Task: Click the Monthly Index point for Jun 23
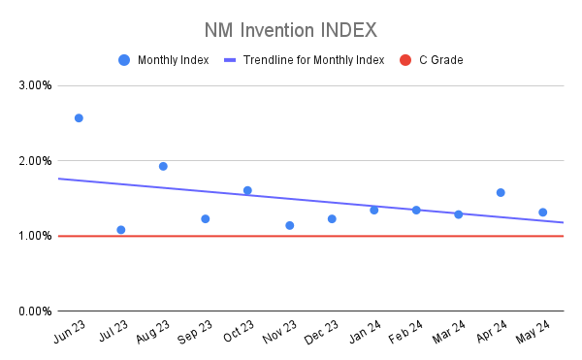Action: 79,118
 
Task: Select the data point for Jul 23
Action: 121,230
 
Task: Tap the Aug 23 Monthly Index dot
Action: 163,166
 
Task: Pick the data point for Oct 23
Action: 247,190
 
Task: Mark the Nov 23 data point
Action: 290,225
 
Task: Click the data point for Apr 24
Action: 501,192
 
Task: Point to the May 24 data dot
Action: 543,213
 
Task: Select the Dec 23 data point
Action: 332,219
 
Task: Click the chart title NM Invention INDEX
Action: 290,29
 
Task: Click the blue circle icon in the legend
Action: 123,60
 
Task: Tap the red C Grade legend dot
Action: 405,60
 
